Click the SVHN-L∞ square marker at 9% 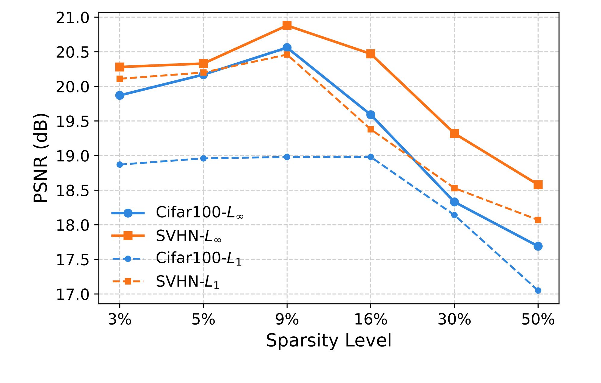pyautogui.click(x=287, y=25)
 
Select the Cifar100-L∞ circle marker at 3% pyautogui.click(x=120, y=95)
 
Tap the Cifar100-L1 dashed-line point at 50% pyautogui.click(x=538, y=290)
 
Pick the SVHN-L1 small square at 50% pyautogui.click(x=538, y=220)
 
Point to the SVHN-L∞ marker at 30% pyautogui.click(x=454, y=133)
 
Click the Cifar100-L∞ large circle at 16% pyautogui.click(x=371, y=115)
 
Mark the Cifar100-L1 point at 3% pyautogui.click(x=120, y=164)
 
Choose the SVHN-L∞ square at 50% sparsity pyautogui.click(x=538, y=185)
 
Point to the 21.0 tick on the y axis pyautogui.click(x=73, y=18)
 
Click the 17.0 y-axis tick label pyautogui.click(x=73, y=294)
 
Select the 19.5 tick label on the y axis pyautogui.click(x=73, y=122)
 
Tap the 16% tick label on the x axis pyautogui.click(x=371, y=319)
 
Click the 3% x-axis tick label pyautogui.click(x=120, y=319)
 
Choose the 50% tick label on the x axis pyautogui.click(x=538, y=319)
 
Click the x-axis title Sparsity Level pyautogui.click(x=329, y=341)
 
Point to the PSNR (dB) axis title pyautogui.click(x=41, y=158)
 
